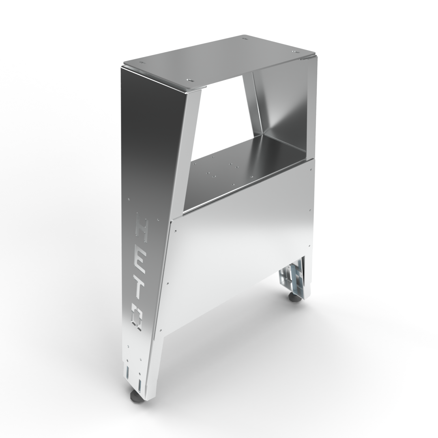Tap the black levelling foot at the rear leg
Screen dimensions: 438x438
click(295, 298)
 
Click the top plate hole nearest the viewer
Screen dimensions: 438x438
click(188, 80)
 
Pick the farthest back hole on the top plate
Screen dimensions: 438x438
click(245, 39)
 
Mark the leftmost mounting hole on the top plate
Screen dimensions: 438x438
click(142, 63)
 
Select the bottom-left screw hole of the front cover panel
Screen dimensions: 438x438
click(161, 330)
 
